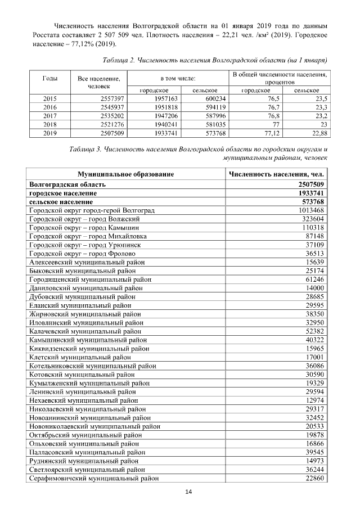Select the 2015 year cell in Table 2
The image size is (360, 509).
pyautogui.click(x=49, y=98)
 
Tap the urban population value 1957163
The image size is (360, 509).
pyautogui.click(x=167, y=98)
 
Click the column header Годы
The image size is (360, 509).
pyautogui.click(x=49, y=78)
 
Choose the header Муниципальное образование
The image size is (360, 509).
pyautogui.click(x=126, y=174)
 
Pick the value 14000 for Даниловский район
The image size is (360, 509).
pyautogui.click(x=314, y=287)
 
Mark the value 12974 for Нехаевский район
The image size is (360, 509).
pyautogui.click(x=314, y=400)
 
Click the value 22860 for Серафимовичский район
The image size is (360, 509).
pyautogui.click(x=314, y=478)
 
